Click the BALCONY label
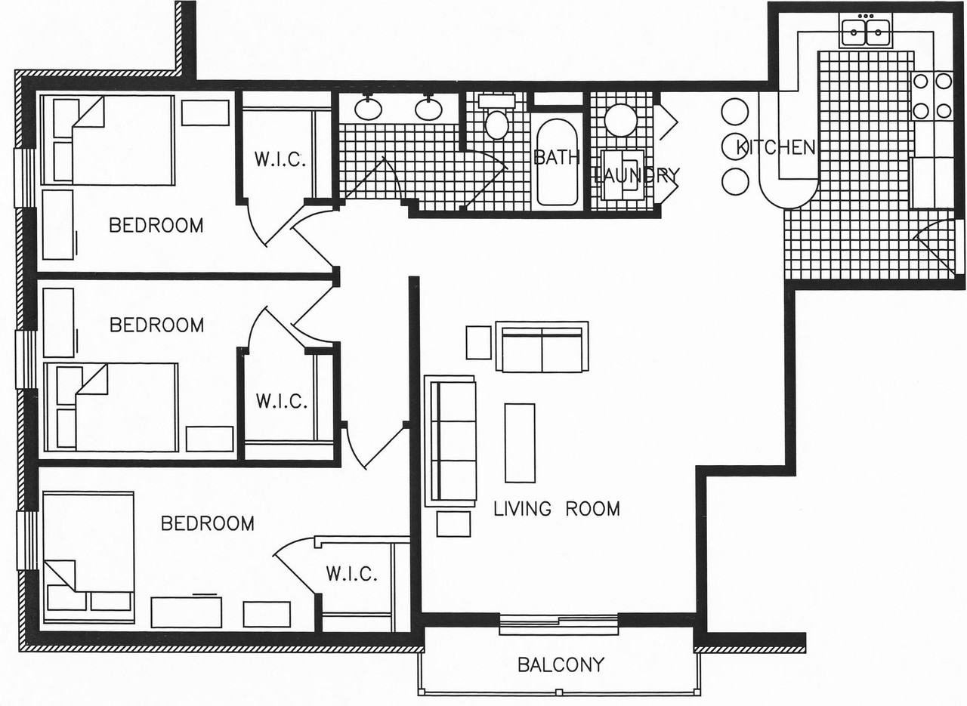pos(561,665)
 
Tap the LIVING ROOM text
pos(557,509)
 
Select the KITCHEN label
pos(775,147)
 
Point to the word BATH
pos(557,158)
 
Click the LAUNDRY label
pos(636,175)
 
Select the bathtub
pos(557,162)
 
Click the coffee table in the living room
pos(520,442)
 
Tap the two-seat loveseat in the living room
pos(542,346)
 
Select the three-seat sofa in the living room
pos(450,441)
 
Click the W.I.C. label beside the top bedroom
pos(280,159)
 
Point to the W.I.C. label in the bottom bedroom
pos(352,574)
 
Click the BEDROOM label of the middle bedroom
pos(156,325)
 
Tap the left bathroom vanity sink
pos(368,108)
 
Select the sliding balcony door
pos(558,624)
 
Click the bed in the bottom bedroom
pos(88,557)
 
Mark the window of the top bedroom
pos(24,177)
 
